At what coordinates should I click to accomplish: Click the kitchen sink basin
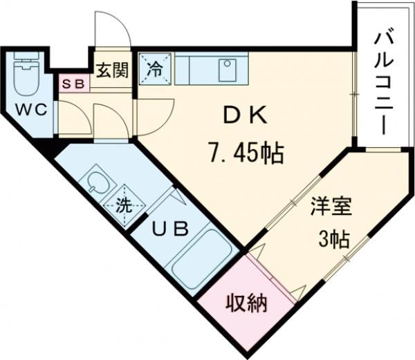(x=226, y=69)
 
